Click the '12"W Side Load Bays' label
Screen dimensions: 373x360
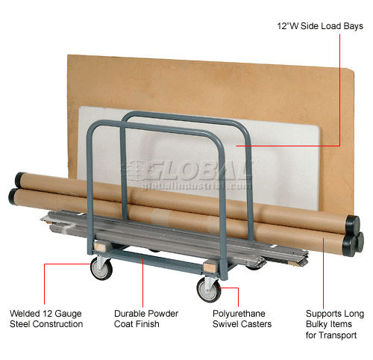coord(320,26)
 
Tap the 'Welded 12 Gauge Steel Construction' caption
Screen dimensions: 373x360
coord(46,319)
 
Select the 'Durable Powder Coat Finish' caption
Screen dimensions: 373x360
coord(146,319)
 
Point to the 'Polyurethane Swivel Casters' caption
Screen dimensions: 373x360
coord(242,319)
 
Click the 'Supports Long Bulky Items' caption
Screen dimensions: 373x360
coord(335,319)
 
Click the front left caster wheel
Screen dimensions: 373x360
coord(101,269)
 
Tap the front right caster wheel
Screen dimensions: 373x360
coord(208,290)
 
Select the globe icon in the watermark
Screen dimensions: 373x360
coord(137,170)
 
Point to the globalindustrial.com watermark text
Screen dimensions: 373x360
coord(196,186)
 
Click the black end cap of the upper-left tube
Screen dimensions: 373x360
coord(19,179)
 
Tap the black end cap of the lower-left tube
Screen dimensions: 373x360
coord(13,196)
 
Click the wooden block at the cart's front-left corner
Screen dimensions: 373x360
coord(100,246)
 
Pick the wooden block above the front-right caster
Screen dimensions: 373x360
coord(209,267)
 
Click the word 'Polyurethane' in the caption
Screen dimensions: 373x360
coord(239,314)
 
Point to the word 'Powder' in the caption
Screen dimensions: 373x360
coord(163,314)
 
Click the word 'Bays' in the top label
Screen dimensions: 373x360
coord(354,26)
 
